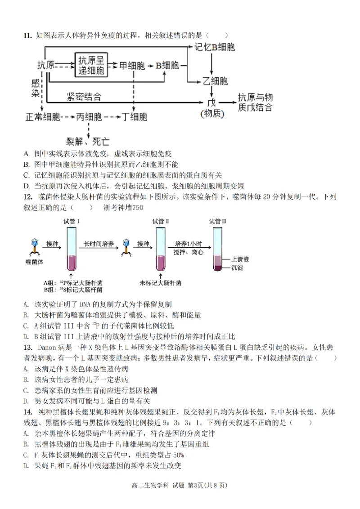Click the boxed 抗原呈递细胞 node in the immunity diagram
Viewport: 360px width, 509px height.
tap(91, 65)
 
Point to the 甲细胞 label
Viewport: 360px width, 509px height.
tap(132, 66)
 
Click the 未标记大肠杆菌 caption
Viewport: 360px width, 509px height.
tap(161, 283)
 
